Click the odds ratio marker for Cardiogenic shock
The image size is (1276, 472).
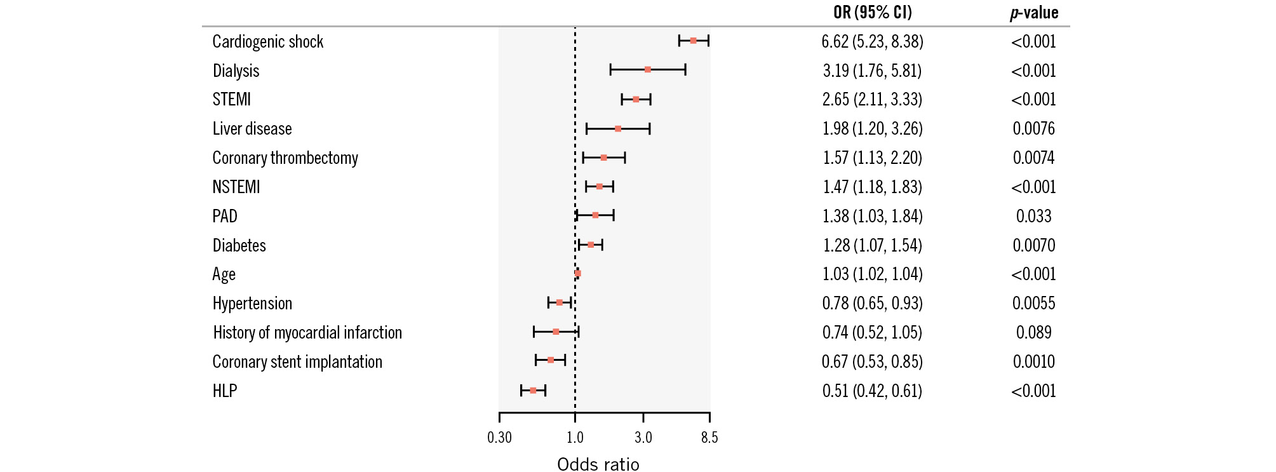click(x=693, y=41)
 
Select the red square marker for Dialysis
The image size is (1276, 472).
click(x=647, y=69)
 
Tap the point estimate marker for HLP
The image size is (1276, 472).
click(x=533, y=390)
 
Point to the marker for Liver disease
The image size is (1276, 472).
click(x=617, y=128)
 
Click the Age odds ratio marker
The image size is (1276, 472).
click(x=577, y=273)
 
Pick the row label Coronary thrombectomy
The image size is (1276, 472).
click(x=285, y=158)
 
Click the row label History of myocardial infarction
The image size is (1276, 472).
click(x=307, y=332)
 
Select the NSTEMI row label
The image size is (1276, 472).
click(x=236, y=187)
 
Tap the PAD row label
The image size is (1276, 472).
click(x=225, y=216)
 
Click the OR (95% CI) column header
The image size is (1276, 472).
click(x=872, y=12)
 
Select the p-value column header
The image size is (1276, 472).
click(x=1034, y=13)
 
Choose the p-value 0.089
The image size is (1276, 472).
click(x=1033, y=332)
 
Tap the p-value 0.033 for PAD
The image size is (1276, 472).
click(x=1033, y=216)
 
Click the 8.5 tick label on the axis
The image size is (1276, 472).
click(x=709, y=437)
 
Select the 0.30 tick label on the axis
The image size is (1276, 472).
click(x=499, y=437)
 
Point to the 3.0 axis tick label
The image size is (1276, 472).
click(x=643, y=437)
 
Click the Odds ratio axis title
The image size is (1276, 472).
click(x=598, y=464)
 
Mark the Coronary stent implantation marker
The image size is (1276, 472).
click(x=550, y=360)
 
